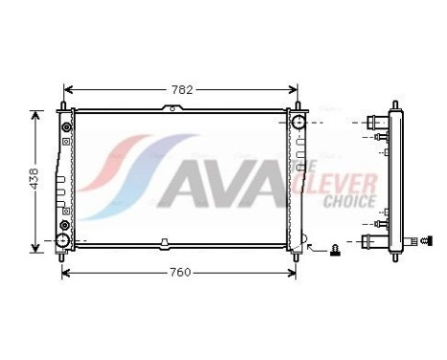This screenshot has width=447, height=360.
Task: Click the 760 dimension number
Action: click(179, 273)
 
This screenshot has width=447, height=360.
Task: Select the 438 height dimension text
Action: click(34, 179)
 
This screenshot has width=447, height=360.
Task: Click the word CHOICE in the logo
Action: click(349, 202)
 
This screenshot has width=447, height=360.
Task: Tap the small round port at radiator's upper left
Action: click(65, 126)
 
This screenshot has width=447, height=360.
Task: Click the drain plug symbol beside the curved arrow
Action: click(335, 250)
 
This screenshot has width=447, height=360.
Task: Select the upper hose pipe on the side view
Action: click(374, 123)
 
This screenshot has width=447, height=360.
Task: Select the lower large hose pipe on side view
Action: click(374, 240)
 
